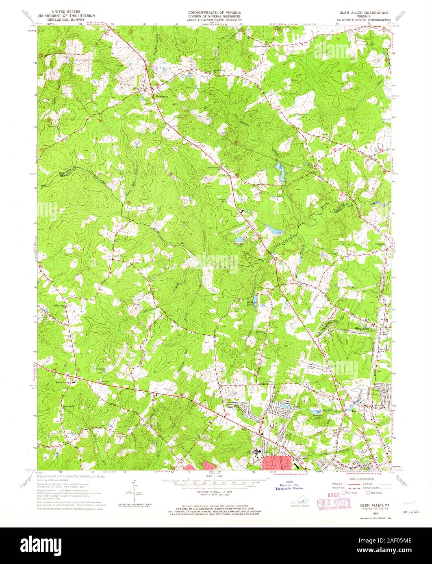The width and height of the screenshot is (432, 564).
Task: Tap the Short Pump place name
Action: pos(63,382)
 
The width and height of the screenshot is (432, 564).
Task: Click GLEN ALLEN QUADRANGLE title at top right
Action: pos(361,13)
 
